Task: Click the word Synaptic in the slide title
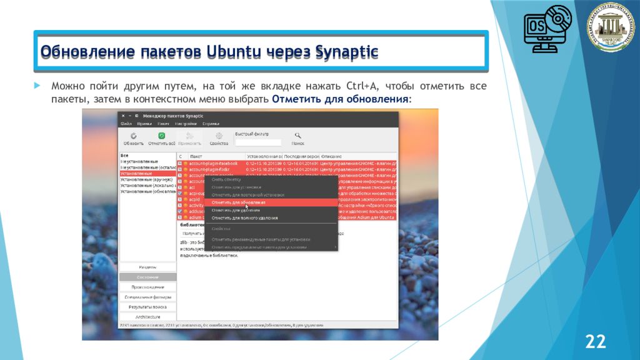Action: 347,51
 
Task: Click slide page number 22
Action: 595,341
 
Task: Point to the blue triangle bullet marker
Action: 37,86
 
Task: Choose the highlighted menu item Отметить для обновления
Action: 238,202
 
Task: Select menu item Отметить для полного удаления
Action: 244,217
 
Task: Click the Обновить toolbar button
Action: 134,138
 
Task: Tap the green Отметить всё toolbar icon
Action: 161,138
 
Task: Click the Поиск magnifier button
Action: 298,138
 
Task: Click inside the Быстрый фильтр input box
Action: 257,142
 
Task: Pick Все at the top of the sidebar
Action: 125,156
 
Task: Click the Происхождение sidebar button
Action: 148,287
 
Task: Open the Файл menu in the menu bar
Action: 126,124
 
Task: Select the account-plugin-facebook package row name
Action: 214,163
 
